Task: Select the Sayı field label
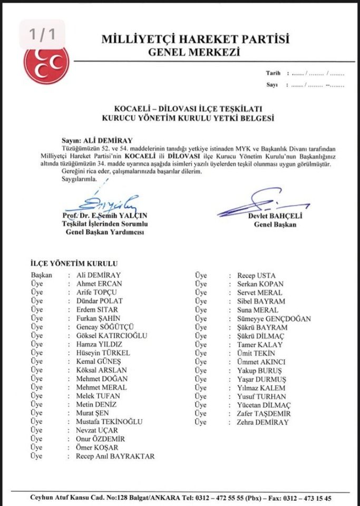point(272,84)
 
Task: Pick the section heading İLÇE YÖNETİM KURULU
point(74,263)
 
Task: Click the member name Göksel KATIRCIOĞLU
point(112,335)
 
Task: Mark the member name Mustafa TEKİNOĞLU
point(109,422)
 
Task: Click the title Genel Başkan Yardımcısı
point(105,233)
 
